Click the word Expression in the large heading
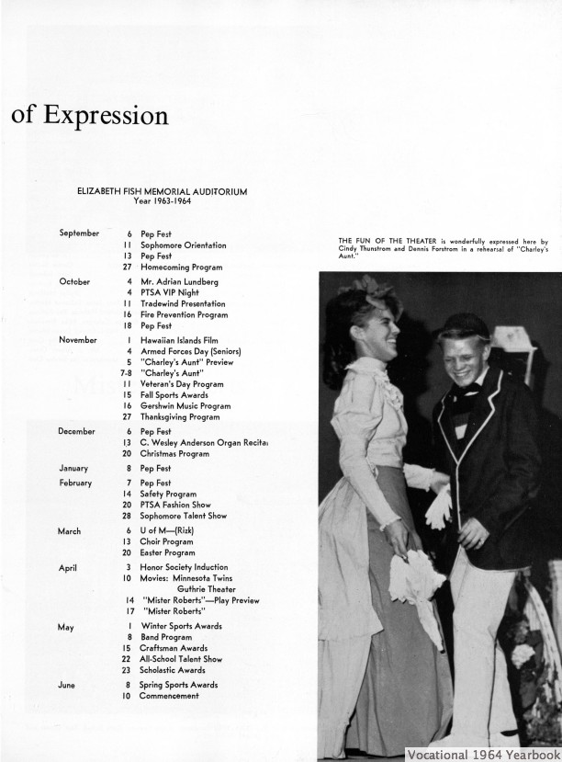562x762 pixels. [106, 117]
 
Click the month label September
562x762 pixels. [79, 233]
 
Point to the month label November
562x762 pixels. [78, 340]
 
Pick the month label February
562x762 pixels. [75, 483]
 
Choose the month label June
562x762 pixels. [67, 685]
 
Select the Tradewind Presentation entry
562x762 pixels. [183, 303]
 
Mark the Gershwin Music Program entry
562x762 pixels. [189, 404]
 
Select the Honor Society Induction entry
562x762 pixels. [184, 567]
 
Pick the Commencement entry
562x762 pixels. [169, 696]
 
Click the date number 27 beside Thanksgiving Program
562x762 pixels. [126, 415]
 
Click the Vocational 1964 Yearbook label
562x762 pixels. [483, 752]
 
